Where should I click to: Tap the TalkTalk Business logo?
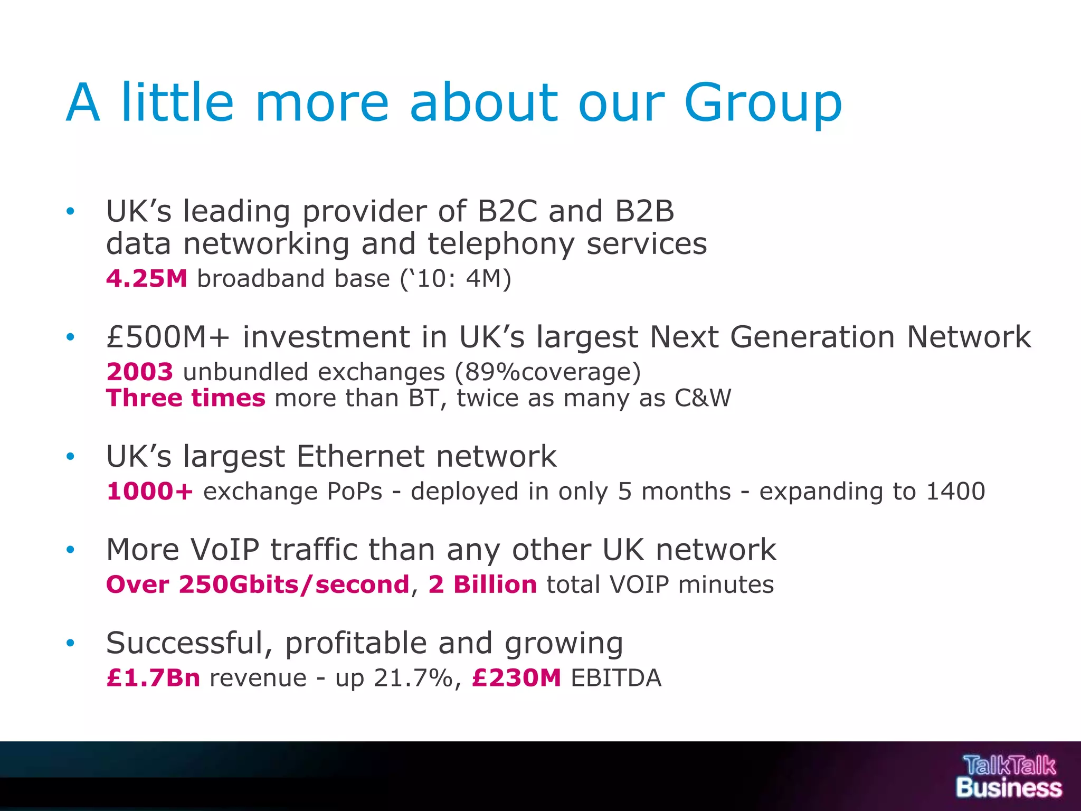pyautogui.click(x=1009, y=776)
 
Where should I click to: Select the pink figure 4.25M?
pyautogui.click(x=147, y=278)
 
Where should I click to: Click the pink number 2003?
pyautogui.click(x=139, y=372)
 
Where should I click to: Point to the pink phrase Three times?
pyautogui.click(x=186, y=398)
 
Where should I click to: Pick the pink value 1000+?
pyautogui.click(x=149, y=491)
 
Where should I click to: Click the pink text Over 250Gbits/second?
pyautogui.click(x=258, y=584)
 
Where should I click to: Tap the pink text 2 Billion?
pyautogui.click(x=482, y=584)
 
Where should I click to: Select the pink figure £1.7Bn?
pyautogui.click(x=153, y=678)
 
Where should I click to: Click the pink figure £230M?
pyautogui.click(x=516, y=678)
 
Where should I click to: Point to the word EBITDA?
pyautogui.click(x=616, y=678)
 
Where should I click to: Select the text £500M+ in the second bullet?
pyautogui.click(x=168, y=337)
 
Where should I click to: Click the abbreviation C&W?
pyautogui.click(x=703, y=398)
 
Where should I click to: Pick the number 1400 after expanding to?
pyautogui.click(x=955, y=491)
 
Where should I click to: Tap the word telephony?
pyautogui.click(x=501, y=244)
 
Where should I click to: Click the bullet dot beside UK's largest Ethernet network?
pyautogui.click(x=70, y=456)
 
